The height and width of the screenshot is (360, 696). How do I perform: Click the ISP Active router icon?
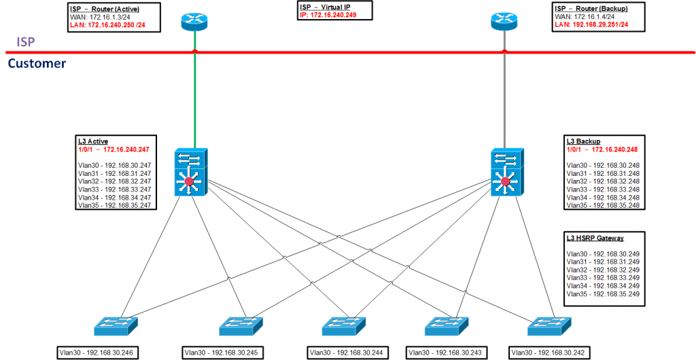(x=194, y=21)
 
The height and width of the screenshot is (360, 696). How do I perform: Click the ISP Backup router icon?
(x=504, y=21)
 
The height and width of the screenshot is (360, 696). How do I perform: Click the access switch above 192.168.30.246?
(x=116, y=326)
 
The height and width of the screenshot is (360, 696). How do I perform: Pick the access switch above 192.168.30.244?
(x=344, y=326)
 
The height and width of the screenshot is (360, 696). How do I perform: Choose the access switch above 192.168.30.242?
(x=549, y=326)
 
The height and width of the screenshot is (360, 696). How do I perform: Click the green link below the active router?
(x=194, y=89)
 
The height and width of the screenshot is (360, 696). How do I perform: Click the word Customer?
(x=37, y=63)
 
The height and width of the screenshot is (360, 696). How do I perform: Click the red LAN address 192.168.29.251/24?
(x=591, y=24)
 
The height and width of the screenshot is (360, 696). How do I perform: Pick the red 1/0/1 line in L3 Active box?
(x=114, y=149)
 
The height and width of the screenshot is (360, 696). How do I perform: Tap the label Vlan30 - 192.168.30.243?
(x=445, y=353)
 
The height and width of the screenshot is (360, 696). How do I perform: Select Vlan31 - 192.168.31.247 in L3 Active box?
(x=114, y=173)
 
